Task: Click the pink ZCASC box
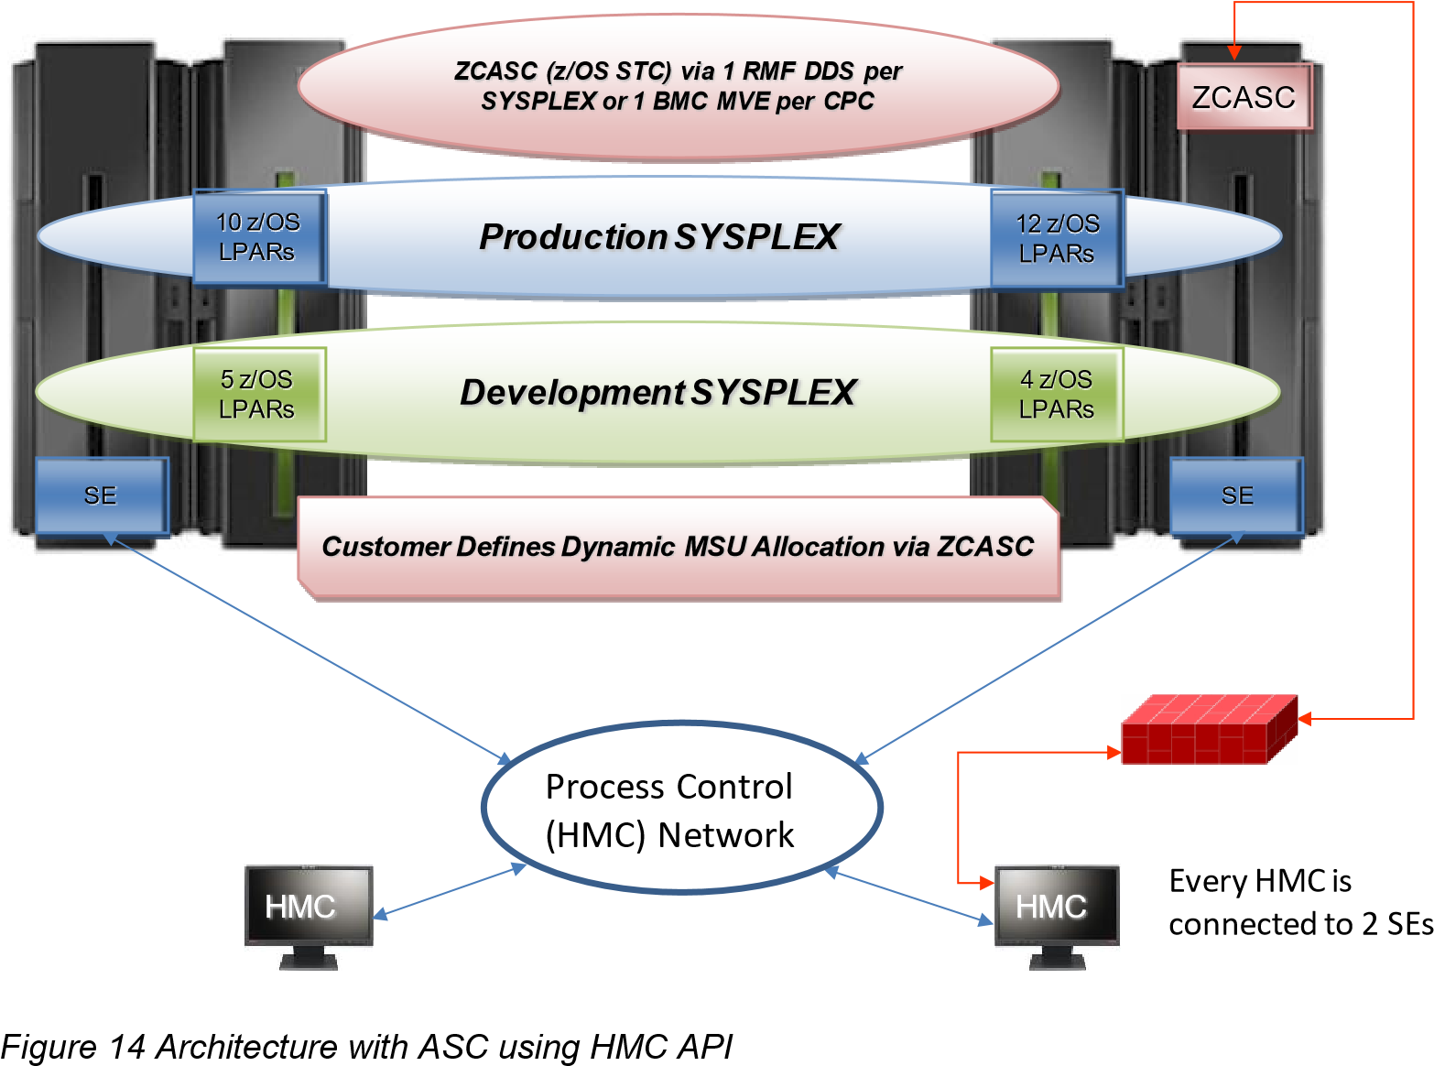tap(1244, 96)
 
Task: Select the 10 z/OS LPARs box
tap(260, 237)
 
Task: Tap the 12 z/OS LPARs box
tap(1057, 238)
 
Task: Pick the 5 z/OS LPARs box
tap(259, 395)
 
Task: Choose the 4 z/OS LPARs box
tap(1057, 395)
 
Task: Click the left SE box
tap(102, 496)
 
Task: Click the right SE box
tap(1236, 496)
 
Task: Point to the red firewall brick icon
tap(1209, 729)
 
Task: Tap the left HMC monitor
tap(309, 917)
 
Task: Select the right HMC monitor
tap(1057, 917)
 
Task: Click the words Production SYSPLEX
tap(658, 237)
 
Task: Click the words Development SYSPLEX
tap(657, 393)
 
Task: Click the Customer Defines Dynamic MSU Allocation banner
tap(679, 549)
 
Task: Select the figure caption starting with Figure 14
tap(366, 1047)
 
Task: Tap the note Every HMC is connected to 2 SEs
tap(1300, 902)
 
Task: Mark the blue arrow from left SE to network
tap(309, 648)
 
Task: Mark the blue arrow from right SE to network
tap(1049, 647)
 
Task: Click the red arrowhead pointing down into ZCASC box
tap(1234, 53)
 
